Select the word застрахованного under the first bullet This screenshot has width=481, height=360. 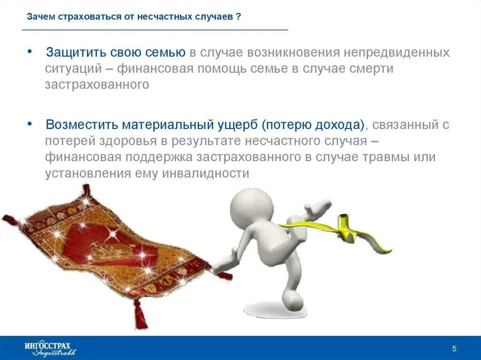pyautogui.click(x=97, y=84)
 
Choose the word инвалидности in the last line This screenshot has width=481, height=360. pyautogui.click(x=205, y=173)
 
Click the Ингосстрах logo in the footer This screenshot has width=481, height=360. pyautogui.click(x=49, y=348)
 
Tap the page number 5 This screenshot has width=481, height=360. pyautogui.click(x=454, y=348)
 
